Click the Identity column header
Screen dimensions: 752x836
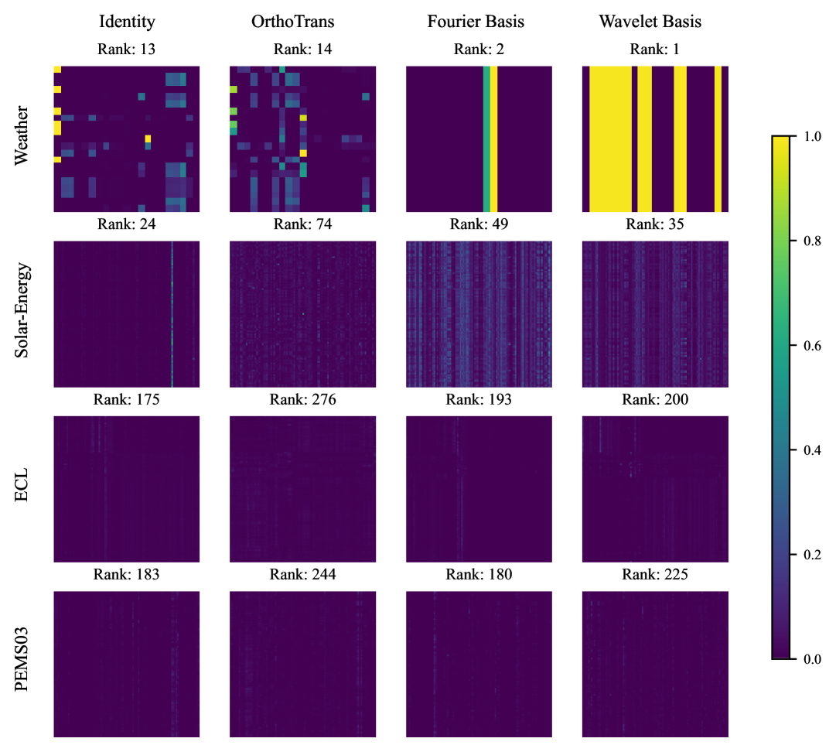[x=126, y=22]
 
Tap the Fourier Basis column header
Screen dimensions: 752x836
[x=476, y=22]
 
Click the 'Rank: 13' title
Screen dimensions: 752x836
[x=126, y=50]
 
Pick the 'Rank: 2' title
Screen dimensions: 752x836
[x=479, y=50]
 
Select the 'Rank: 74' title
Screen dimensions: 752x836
[x=302, y=225]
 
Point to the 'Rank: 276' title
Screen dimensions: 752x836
[x=302, y=400]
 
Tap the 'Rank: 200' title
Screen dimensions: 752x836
[x=655, y=400]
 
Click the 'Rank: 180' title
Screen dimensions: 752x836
[x=479, y=575]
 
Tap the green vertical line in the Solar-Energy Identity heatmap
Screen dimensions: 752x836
[x=172, y=313]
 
